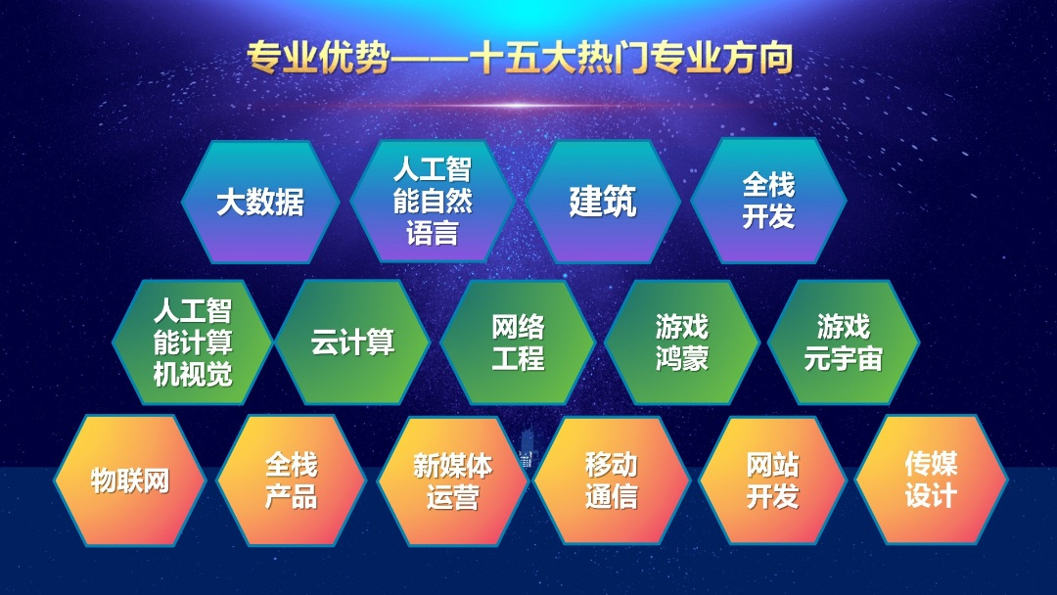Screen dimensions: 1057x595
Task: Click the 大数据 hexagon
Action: pos(260,202)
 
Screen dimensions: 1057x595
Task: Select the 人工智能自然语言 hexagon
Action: pos(433,201)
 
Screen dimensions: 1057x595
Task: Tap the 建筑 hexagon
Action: pos(603,202)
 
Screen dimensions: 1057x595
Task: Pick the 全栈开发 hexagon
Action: pos(768,201)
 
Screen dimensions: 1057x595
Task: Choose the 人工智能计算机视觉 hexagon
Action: pos(192,343)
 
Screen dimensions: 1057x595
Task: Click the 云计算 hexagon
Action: pos(352,343)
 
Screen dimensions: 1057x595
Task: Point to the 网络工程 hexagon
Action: pos(517,343)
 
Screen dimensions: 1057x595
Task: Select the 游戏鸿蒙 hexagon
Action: pos(681,343)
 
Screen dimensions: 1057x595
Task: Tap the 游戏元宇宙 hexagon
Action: pos(844,343)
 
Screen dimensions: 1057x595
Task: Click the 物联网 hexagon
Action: pos(129,481)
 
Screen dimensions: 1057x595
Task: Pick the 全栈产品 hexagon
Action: pos(291,481)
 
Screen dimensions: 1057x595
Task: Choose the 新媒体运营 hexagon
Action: pos(452,481)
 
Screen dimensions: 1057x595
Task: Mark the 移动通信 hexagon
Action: pos(612,481)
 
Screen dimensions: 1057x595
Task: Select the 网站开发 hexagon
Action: pos(772,481)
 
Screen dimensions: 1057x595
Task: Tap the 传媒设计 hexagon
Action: pos(931,481)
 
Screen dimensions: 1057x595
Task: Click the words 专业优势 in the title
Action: pos(318,58)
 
